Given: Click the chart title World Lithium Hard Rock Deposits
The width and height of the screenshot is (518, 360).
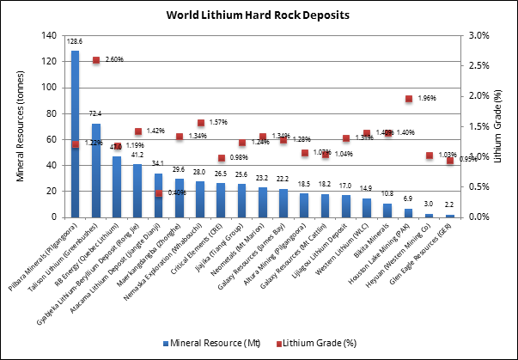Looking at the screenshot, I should (x=258, y=15).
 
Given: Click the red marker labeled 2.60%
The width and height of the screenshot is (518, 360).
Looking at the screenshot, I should (x=96, y=60).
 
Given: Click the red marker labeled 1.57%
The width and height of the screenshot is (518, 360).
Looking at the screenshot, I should (x=201, y=123).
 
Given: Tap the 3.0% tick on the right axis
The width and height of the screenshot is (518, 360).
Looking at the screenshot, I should (x=478, y=36).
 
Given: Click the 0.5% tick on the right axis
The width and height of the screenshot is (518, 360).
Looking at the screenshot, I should (x=478, y=186).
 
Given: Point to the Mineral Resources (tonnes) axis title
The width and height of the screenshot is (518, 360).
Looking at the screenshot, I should (x=21, y=126).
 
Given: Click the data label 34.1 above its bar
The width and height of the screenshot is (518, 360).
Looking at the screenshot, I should (x=159, y=163).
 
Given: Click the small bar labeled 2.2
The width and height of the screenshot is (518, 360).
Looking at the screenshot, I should (x=450, y=215).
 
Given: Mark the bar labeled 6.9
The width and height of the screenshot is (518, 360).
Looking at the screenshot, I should (x=408, y=212).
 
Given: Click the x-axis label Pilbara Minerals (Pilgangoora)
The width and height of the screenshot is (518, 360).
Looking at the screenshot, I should (x=43, y=258).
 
